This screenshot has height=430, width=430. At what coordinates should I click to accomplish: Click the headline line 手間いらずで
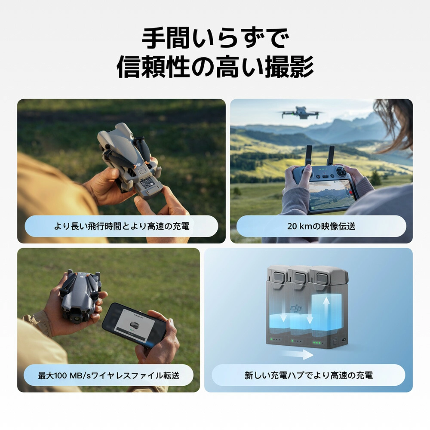point(215,38)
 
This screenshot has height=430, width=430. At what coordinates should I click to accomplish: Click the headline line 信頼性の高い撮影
point(215,67)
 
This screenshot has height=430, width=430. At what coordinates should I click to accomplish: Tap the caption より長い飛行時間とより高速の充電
point(122,226)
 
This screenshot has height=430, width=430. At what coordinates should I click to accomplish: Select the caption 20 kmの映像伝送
point(321,226)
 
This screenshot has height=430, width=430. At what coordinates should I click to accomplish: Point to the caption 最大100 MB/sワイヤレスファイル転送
point(109,375)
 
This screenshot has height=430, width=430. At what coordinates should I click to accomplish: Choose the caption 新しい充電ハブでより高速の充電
point(308,375)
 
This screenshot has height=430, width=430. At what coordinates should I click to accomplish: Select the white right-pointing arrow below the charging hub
point(297,354)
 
